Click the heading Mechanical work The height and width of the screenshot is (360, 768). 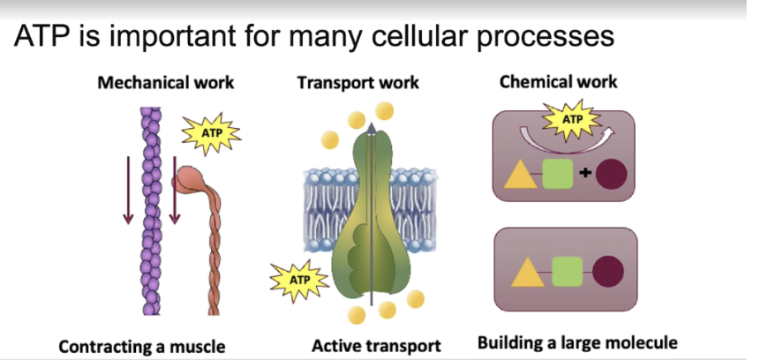(x=166, y=83)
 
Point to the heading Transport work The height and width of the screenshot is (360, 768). (x=358, y=84)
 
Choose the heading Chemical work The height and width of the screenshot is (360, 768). (x=558, y=82)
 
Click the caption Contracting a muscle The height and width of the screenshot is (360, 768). (x=141, y=346)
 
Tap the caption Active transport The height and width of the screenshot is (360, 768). (x=375, y=345)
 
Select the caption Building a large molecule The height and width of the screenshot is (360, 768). (x=577, y=342)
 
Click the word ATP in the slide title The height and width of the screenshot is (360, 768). (x=41, y=38)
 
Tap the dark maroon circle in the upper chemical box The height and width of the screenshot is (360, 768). (x=611, y=174)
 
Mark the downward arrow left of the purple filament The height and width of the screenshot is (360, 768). (x=129, y=187)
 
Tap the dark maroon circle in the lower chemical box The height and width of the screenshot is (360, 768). (x=609, y=274)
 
